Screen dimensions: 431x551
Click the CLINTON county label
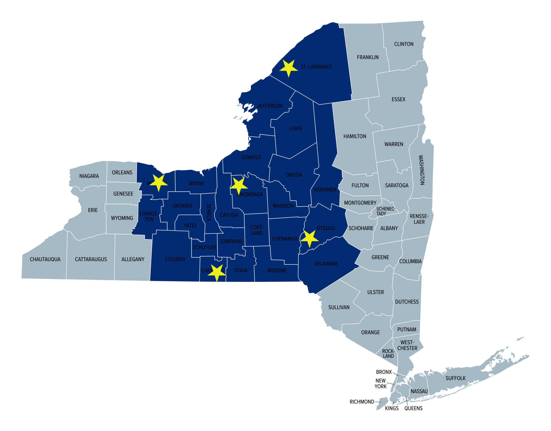[x=404, y=44]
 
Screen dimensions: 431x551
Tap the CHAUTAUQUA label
[x=45, y=259]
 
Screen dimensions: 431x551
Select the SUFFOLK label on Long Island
[x=455, y=378]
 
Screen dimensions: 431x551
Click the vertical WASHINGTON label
[x=422, y=170]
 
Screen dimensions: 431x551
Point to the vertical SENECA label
[x=209, y=212]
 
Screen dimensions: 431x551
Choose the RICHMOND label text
[x=362, y=402]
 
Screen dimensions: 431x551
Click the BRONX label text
[x=384, y=372]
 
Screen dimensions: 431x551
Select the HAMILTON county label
[x=355, y=136]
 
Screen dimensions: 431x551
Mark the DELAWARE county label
[x=326, y=264]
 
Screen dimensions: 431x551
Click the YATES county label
[x=190, y=226]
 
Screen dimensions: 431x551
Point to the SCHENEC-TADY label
[x=385, y=211]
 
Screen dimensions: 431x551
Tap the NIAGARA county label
[x=89, y=176]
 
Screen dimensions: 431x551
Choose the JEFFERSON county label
[x=270, y=106]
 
